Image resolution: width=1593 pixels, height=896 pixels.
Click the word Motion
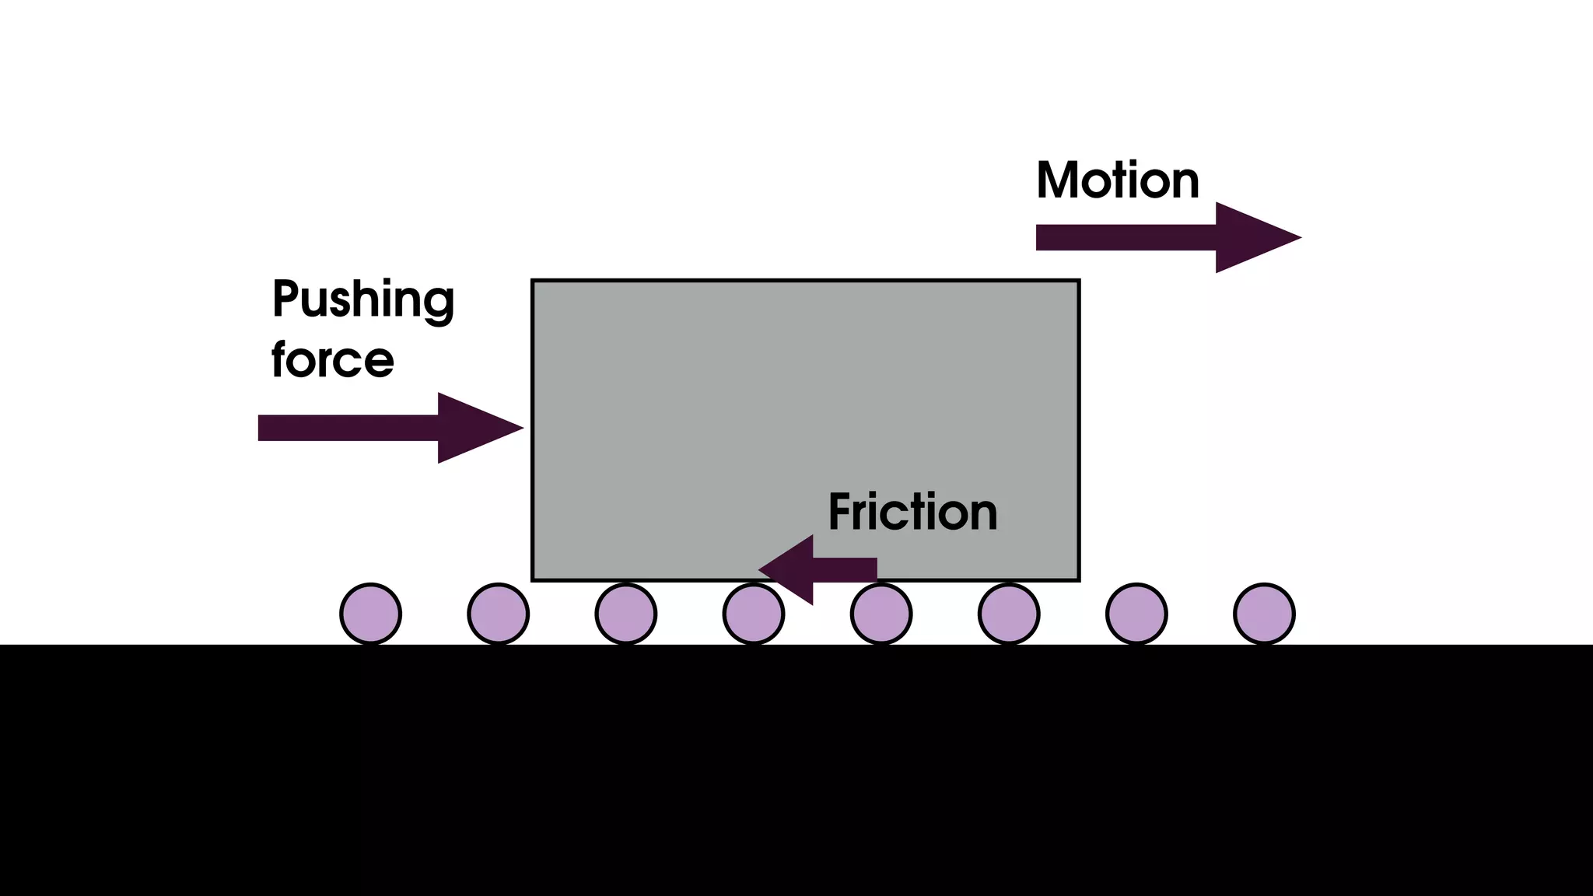point(1117,180)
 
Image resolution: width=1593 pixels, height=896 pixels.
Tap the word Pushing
point(362,299)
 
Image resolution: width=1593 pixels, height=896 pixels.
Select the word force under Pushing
point(332,359)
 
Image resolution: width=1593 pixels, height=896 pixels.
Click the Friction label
point(912,512)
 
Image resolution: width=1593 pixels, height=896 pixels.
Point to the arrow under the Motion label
point(1151,237)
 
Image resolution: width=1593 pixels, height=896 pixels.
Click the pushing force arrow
point(373,428)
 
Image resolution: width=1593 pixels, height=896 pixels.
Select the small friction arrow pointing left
point(817,569)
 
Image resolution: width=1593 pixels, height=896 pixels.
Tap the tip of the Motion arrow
point(1294,237)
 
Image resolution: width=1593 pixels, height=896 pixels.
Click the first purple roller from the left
point(371,614)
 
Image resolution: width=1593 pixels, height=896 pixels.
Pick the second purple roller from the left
point(499,614)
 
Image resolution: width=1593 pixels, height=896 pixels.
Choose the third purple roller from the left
point(626,614)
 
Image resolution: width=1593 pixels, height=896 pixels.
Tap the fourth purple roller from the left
point(754,614)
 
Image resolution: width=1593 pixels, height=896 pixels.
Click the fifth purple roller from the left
point(881,614)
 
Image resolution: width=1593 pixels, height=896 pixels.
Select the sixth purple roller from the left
point(1009,614)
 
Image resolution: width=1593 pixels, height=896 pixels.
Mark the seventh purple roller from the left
point(1136,614)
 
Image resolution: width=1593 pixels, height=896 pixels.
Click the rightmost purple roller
point(1264,614)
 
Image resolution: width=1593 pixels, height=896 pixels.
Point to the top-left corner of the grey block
point(534,282)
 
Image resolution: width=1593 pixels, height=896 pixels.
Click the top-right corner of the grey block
point(1078,282)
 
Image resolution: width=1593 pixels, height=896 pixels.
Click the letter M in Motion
point(1059,180)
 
